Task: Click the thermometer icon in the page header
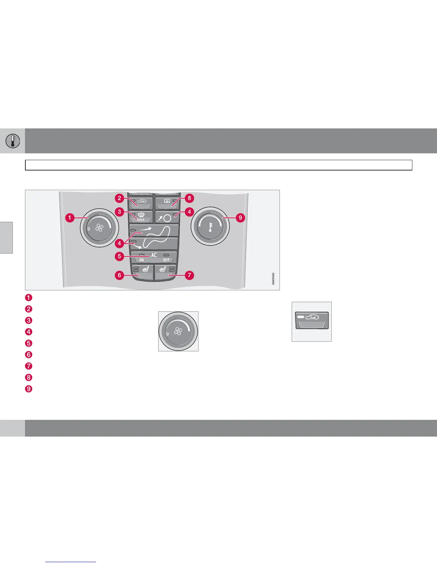tap(12, 141)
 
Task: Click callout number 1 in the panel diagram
tap(70, 217)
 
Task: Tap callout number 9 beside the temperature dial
tap(240, 217)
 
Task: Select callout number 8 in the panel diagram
tap(189, 198)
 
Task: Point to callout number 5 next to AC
tap(120, 256)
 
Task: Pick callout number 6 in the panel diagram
tap(120, 275)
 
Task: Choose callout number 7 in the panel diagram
tap(189, 275)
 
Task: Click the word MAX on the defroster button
tap(141, 220)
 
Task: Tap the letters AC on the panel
tap(154, 255)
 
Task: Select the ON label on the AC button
tap(142, 260)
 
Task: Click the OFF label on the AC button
tap(166, 260)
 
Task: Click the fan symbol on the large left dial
tap(99, 228)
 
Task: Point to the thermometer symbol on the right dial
tap(210, 227)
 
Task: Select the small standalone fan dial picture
tap(178, 331)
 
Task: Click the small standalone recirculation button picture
tap(312, 321)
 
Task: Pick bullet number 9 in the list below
tap(29, 389)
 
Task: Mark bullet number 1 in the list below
tap(29, 297)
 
